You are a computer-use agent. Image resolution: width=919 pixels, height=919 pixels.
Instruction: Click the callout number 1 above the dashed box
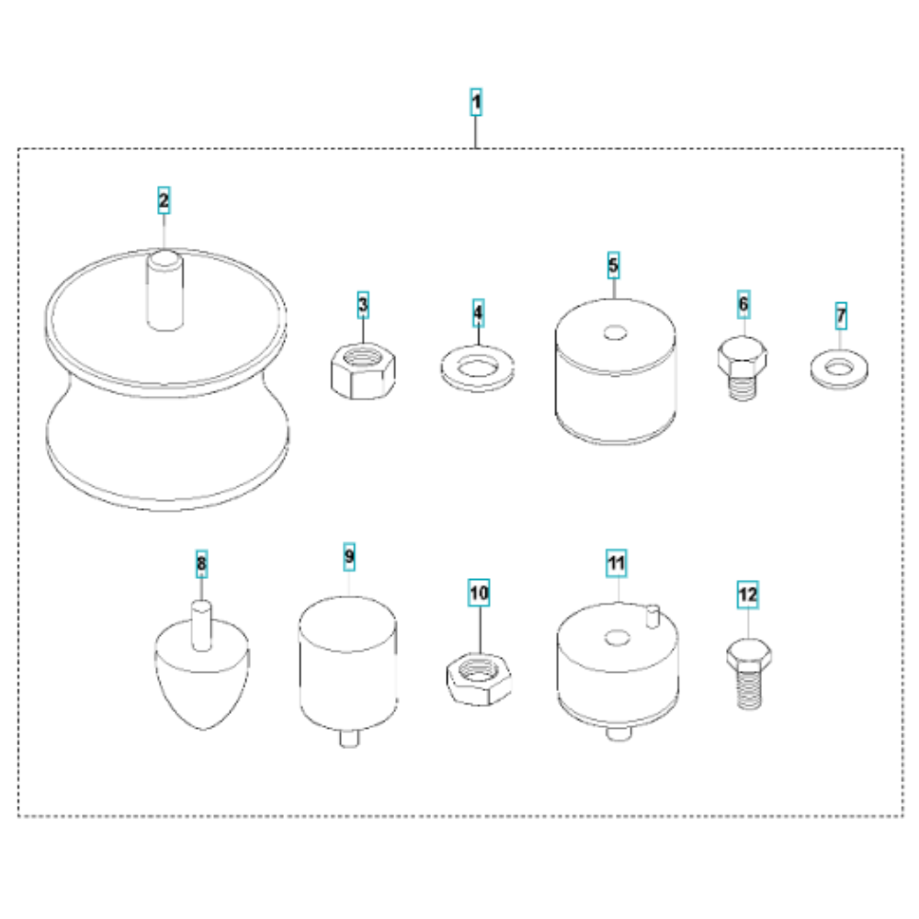[476, 102]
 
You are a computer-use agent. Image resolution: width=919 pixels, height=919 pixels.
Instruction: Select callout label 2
[165, 200]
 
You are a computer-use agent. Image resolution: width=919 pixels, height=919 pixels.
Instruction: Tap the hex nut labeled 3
[363, 371]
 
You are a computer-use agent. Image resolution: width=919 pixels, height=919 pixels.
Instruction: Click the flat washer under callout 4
[478, 369]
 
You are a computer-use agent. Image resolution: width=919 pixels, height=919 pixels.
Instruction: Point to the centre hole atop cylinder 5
[615, 333]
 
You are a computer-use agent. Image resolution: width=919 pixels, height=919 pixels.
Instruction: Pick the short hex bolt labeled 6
[742, 368]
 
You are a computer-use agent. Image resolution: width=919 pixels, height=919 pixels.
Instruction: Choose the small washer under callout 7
[839, 369]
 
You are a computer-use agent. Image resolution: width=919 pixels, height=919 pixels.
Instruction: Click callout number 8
[201, 564]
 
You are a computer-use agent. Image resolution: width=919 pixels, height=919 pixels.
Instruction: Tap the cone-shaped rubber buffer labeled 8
[202, 674]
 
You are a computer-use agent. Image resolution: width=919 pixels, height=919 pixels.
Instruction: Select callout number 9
[349, 556]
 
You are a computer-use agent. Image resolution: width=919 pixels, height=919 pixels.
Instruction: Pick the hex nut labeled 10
[479, 679]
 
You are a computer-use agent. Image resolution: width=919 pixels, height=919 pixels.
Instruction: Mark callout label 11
[616, 563]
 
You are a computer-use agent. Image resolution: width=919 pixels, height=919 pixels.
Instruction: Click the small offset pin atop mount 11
[652, 617]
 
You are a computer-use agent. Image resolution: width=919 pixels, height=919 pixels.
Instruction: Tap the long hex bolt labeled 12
[748, 674]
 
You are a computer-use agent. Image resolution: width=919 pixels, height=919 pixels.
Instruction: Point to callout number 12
[748, 595]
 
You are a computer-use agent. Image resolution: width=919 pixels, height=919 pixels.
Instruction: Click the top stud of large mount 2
[165, 290]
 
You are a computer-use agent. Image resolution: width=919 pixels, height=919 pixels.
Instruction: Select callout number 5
[613, 266]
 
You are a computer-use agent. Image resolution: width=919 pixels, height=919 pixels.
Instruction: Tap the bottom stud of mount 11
[618, 732]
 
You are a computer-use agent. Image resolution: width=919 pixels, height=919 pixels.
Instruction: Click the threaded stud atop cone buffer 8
[201, 625]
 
